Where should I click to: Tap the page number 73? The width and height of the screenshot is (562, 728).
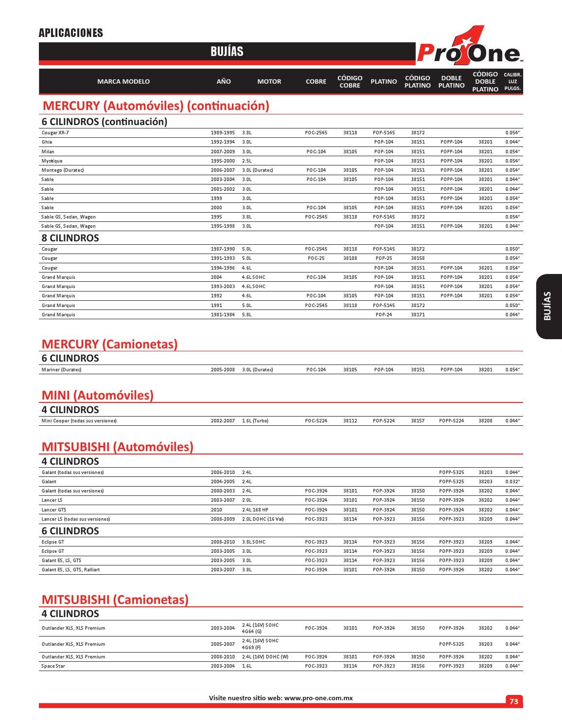click(x=513, y=701)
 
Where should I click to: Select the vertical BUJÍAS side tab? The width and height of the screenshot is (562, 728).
click(x=548, y=306)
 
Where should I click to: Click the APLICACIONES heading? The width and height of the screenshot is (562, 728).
click(x=71, y=33)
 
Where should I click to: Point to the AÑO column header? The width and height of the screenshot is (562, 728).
click(x=224, y=82)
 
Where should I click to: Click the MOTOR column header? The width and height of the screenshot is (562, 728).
click(x=269, y=82)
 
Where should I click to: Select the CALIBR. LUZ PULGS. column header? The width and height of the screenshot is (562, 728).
click(x=512, y=82)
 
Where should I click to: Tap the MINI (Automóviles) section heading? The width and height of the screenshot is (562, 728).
click(x=98, y=395)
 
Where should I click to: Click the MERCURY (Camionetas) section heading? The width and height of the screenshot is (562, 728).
click(x=109, y=344)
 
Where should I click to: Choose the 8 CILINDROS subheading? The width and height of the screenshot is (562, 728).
click(x=70, y=238)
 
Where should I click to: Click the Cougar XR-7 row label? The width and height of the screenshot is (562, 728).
click(x=55, y=133)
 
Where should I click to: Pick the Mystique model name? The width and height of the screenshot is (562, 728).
click(x=52, y=161)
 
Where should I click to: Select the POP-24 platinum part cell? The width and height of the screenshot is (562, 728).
click(x=384, y=315)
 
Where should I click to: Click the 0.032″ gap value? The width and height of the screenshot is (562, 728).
click(x=512, y=482)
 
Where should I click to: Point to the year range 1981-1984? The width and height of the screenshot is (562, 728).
click(x=223, y=315)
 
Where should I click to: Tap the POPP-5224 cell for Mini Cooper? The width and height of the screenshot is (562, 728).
click(x=451, y=421)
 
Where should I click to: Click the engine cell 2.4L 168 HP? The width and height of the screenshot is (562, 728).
click(x=255, y=510)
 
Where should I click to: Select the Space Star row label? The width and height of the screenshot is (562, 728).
click(x=53, y=666)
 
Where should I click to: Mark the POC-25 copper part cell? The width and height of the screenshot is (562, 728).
click(x=316, y=258)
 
